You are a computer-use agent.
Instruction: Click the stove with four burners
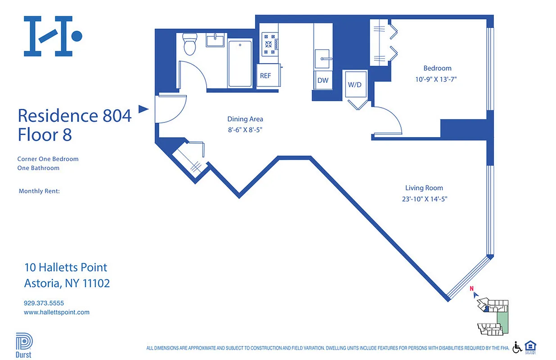click(269, 44)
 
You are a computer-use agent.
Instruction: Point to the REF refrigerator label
click(266, 76)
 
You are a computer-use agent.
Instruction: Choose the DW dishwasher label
click(323, 81)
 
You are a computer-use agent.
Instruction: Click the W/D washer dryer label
click(355, 85)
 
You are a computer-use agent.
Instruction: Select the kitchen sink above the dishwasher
click(323, 58)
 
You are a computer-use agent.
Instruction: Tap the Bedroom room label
click(437, 68)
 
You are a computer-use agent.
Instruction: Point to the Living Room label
click(424, 188)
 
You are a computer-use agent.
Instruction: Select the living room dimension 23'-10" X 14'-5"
click(424, 198)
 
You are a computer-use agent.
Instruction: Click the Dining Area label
click(245, 119)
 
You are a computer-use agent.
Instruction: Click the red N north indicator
click(472, 289)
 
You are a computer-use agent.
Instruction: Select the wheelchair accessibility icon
click(517, 347)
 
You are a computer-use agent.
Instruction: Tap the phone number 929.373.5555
click(44, 303)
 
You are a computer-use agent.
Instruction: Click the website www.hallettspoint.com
click(56, 312)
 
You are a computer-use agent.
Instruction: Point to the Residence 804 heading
click(74, 116)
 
